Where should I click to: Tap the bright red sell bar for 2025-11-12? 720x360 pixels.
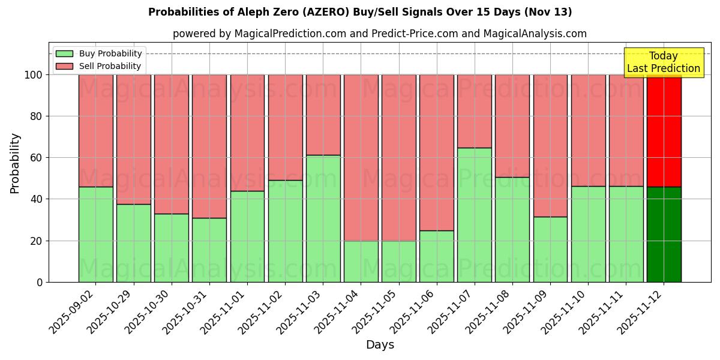click(664, 131)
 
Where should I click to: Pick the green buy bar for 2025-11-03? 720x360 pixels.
click(323, 218)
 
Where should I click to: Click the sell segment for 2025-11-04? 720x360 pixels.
click(361, 157)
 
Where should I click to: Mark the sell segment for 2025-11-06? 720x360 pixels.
click(436, 152)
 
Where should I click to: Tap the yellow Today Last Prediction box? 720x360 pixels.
click(664, 62)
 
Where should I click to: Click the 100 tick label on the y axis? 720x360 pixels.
click(34, 75)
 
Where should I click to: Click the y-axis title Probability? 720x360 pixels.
click(15, 163)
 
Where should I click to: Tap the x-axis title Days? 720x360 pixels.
click(380, 345)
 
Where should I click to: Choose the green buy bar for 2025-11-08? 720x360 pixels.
click(512, 229)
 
